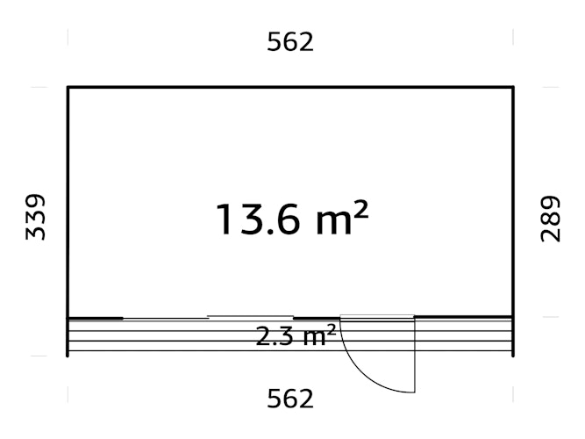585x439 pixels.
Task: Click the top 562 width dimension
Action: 290,41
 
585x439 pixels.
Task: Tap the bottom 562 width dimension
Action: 290,399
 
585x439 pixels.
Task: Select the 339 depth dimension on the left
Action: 36,218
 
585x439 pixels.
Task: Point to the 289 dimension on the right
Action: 550,219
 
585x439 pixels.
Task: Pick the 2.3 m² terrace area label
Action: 296,335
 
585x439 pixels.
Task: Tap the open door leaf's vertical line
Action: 414,356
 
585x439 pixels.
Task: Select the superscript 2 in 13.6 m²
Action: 359,209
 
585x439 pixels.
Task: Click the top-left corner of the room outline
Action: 68,88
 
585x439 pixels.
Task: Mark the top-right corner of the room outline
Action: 513,88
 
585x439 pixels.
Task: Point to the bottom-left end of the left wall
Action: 68,355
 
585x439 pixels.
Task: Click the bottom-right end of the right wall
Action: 513,355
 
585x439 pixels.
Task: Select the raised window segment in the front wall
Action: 250,315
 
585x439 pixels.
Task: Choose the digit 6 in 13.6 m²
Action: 285,219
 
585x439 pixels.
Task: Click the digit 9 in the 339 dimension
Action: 36,201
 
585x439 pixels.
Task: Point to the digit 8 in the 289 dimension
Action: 550,219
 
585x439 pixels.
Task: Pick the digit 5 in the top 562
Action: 275,41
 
